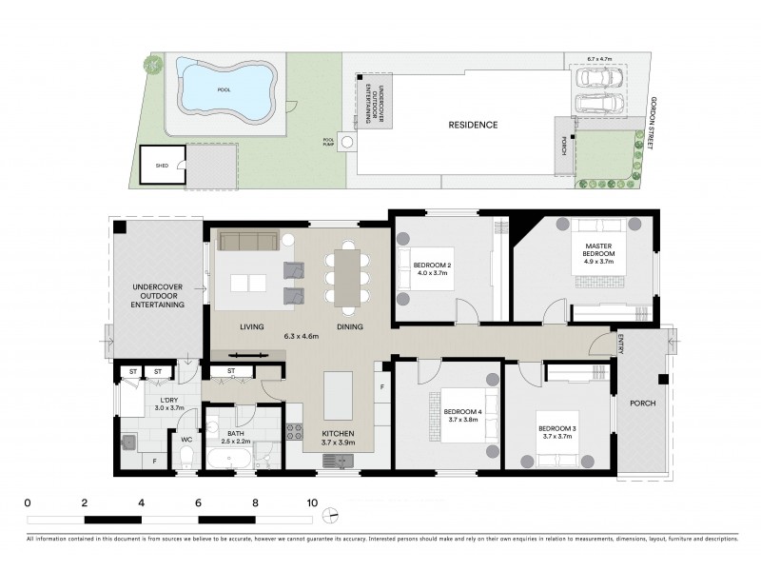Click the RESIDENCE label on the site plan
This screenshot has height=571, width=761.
click(x=473, y=125)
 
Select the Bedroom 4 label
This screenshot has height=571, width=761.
click(x=462, y=412)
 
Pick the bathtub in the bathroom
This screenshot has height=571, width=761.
click(x=229, y=461)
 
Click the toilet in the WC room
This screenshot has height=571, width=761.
click(x=186, y=459)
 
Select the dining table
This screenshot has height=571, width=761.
click(x=348, y=276)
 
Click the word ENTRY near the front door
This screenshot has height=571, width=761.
click(x=620, y=345)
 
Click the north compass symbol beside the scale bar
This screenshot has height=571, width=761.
click(x=330, y=517)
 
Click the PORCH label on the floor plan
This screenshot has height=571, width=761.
click(x=643, y=403)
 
